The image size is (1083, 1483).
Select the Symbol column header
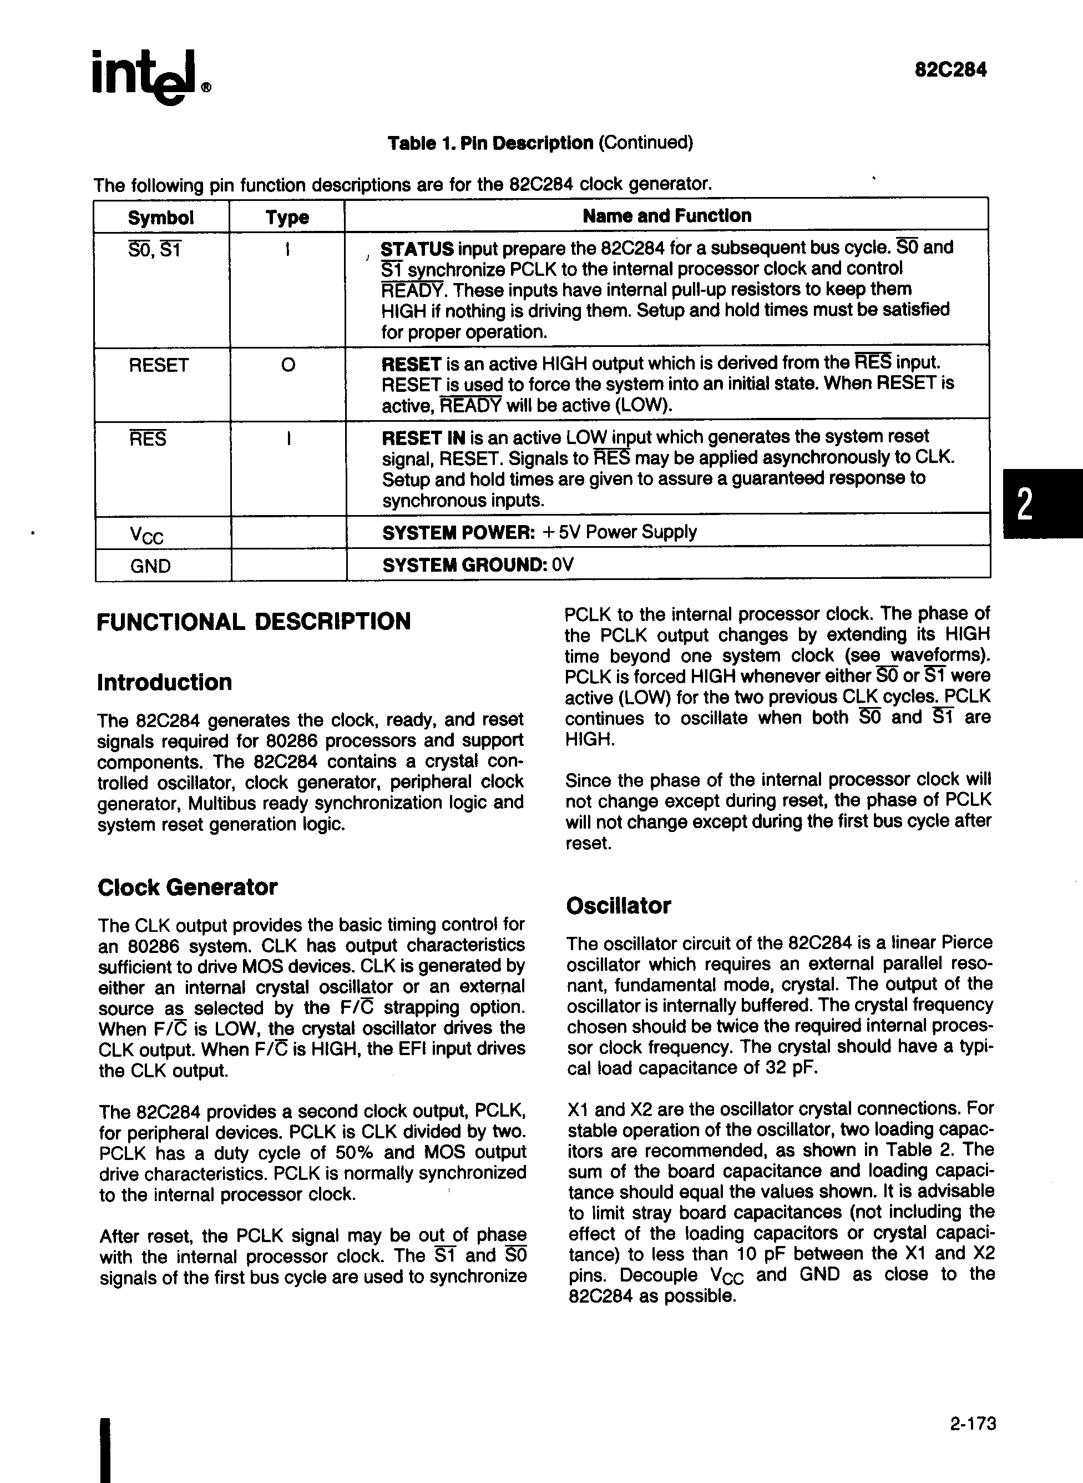click(x=160, y=218)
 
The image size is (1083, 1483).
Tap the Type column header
click(x=287, y=218)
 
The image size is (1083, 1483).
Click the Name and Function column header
click(x=667, y=216)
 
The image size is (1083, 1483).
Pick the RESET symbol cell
click(x=159, y=365)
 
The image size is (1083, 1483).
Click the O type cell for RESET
click(x=288, y=365)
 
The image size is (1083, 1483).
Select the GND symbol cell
click(x=151, y=565)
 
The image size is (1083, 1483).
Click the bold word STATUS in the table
click(x=417, y=249)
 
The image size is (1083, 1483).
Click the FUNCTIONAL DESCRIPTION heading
click(x=254, y=622)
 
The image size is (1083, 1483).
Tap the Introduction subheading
click(x=165, y=683)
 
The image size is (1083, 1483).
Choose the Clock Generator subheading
click(x=188, y=887)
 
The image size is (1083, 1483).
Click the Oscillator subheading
click(x=618, y=906)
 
